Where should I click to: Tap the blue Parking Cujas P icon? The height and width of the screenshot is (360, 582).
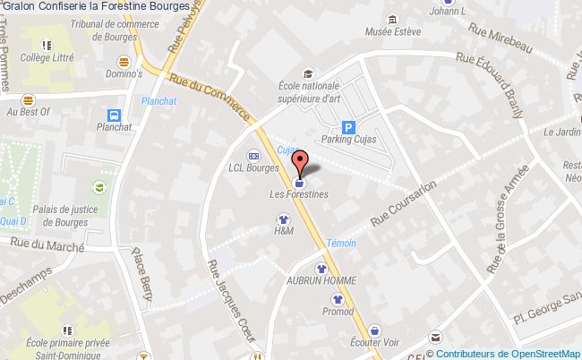pos(348,127)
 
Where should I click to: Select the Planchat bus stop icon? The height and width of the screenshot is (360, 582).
pos(114,115)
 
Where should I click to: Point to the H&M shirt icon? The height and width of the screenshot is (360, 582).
pos(283,217)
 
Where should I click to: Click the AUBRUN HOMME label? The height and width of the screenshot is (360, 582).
pos(321,280)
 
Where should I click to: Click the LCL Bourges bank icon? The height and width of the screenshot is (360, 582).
pos(254,153)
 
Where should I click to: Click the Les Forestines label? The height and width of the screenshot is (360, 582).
pos(299,193)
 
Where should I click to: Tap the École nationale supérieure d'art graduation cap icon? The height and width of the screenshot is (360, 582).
pos(308,73)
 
